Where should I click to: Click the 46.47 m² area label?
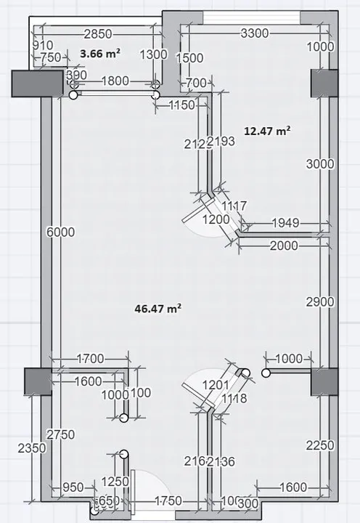click(x=157, y=308)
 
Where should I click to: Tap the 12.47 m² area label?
click(x=267, y=131)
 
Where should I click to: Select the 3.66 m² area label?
click(x=100, y=53)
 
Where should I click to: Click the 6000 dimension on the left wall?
click(x=60, y=232)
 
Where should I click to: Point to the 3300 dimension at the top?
click(x=254, y=33)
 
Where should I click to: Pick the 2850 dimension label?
click(x=98, y=33)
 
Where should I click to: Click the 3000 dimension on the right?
click(x=320, y=164)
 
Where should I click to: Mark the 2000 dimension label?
click(x=283, y=246)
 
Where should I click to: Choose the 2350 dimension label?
click(x=33, y=448)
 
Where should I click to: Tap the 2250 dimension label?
click(x=320, y=445)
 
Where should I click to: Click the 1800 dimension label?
click(x=115, y=81)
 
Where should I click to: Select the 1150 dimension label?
click(x=182, y=105)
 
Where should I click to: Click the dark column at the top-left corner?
click(x=36, y=83)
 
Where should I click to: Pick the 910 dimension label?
click(x=44, y=45)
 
